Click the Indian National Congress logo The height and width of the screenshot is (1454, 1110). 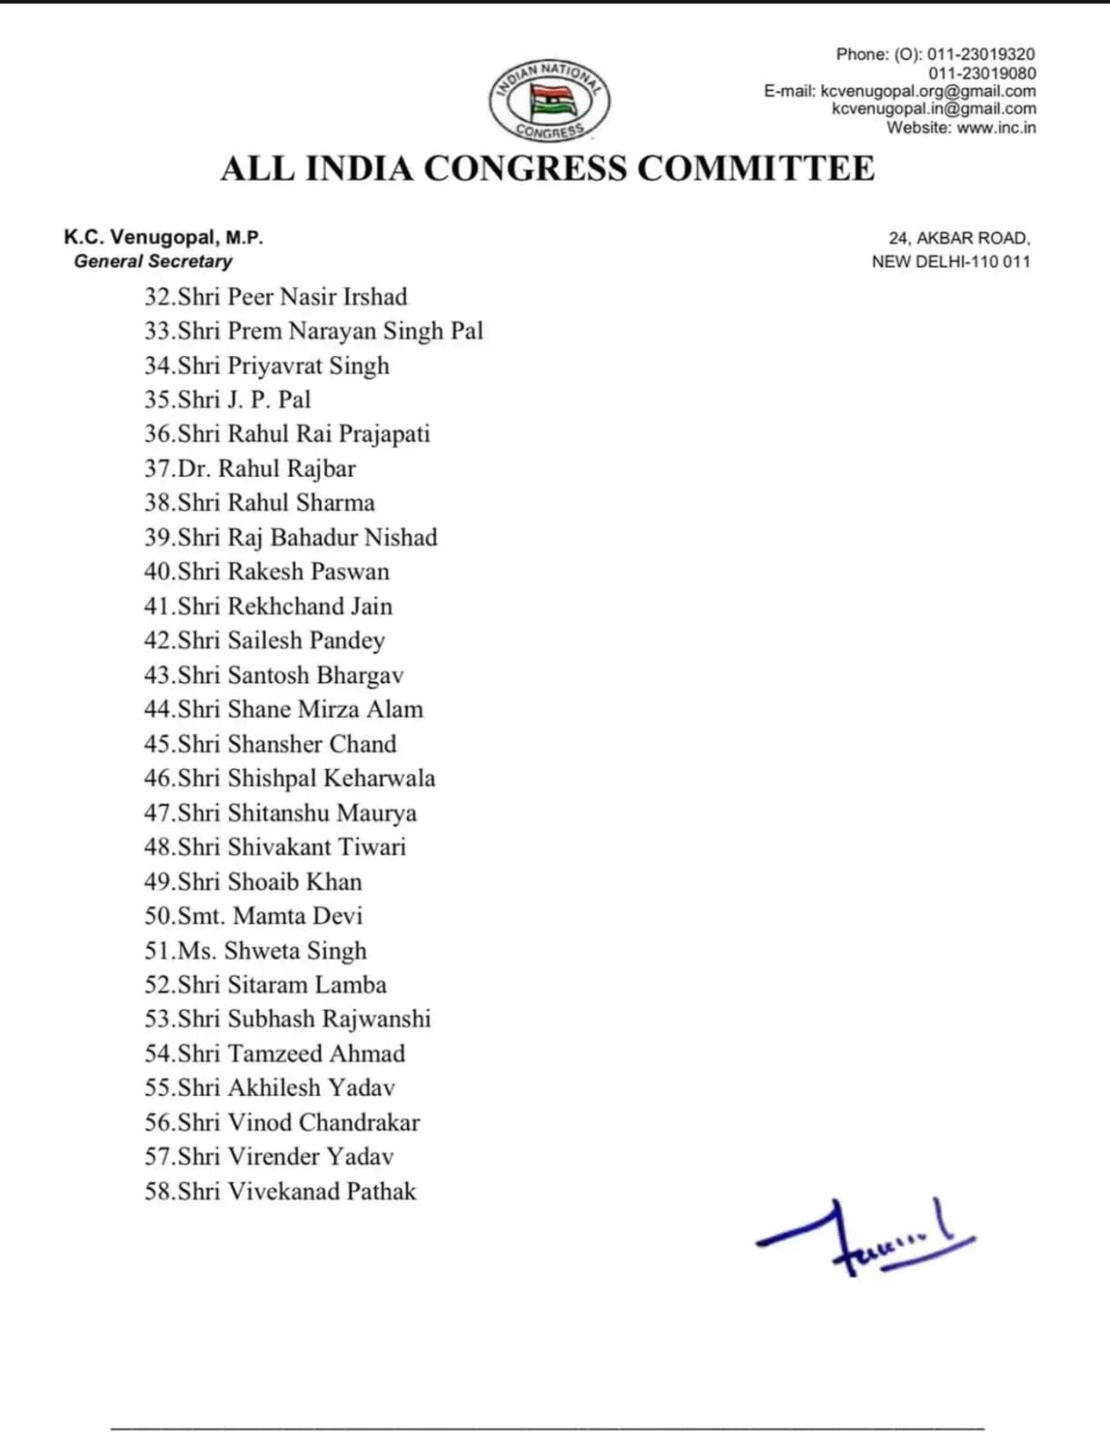[549, 101]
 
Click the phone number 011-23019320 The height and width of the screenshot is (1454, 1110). [981, 55]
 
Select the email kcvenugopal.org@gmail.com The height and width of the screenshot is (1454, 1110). [927, 91]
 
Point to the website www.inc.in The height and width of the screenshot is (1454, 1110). [996, 127]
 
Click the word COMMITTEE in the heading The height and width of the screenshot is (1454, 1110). [756, 169]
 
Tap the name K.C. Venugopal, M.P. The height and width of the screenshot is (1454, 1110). [164, 238]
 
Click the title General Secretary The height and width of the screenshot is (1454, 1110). [153, 262]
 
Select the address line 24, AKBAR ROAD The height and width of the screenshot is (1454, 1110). [959, 238]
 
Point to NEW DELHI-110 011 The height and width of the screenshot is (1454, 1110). [951, 262]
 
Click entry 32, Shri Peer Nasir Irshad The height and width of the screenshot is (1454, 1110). [275, 297]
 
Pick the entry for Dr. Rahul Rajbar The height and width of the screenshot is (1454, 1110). [250, 469]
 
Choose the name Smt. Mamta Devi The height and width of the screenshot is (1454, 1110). [253, 916]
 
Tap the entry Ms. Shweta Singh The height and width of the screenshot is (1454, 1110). [255, 951]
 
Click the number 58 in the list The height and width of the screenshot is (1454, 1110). [157, 1191]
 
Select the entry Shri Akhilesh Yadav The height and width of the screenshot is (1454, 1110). [270, 1088]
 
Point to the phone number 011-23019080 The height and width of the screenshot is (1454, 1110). [981, 73]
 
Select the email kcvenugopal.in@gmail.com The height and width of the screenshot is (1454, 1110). [934, 109]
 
